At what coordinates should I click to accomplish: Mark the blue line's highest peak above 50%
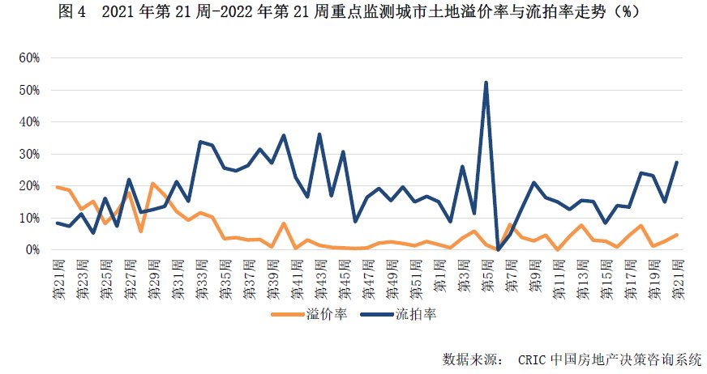tap(486, 83)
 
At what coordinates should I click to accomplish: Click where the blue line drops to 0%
tap(497, 249)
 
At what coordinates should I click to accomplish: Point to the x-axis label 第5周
tap(486, 274)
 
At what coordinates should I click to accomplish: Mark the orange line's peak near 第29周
tap(153, 184)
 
